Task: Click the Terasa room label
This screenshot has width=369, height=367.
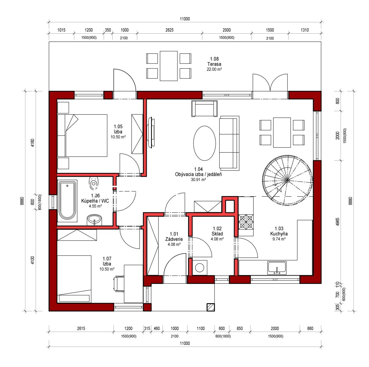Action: [x=214, y=64]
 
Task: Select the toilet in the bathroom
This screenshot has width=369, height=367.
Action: [x=93, y=183]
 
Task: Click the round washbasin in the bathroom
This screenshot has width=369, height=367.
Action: [x=94, y=220]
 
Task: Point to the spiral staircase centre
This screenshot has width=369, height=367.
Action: [x=287, y=180]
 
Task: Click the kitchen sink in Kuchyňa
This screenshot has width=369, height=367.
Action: [x=277, y=268]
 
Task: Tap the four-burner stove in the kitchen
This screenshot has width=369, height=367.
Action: [x=246, y=222]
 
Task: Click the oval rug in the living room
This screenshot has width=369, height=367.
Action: [x=204, y=143]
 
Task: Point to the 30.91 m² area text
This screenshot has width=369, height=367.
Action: [x=198, y=180]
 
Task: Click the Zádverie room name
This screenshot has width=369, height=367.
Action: [x=174, y=239]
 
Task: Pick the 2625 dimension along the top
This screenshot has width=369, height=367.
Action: [x=169, y=30]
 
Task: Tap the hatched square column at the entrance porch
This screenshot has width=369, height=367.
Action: [x=211, y=307]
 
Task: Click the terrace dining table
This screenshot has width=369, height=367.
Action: [x=169, y=66]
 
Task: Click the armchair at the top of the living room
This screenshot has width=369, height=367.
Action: [x=204, y=109]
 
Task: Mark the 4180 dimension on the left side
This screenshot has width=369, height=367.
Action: [x=32, y=143]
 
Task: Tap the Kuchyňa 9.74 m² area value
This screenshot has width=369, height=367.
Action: [x=279, y=239]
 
